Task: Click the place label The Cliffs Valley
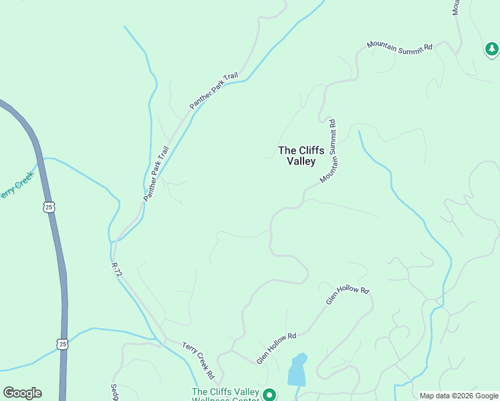pyautogui.click(x=301, y=156)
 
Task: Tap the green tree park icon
pyautogui.click(x=492, y=49)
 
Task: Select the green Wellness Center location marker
pyautogui.click(x=269, y=395)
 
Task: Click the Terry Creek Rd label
pyautogui.click(x=199, y=358)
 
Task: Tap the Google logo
pyautogui.click(x=22, y=393)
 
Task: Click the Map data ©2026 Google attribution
pyautogui.click(x=459, y=396)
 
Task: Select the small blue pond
pyautogui.click(x=297, y=370)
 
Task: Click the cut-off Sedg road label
pyautogui.click(x=114, y=392)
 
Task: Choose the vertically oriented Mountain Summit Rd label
pyautogui.click(x=330, y=152)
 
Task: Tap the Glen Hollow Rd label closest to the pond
pyautogui.click(x=276, y=348)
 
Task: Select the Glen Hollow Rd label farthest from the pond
pyautogui.click(x=348, y=295)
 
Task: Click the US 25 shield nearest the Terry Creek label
pyautogui.click(x=49, y=207)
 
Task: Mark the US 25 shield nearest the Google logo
pyautogui.click(x=62, y=344)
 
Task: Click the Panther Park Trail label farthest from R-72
pyautogui.click(x=214, y=91)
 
